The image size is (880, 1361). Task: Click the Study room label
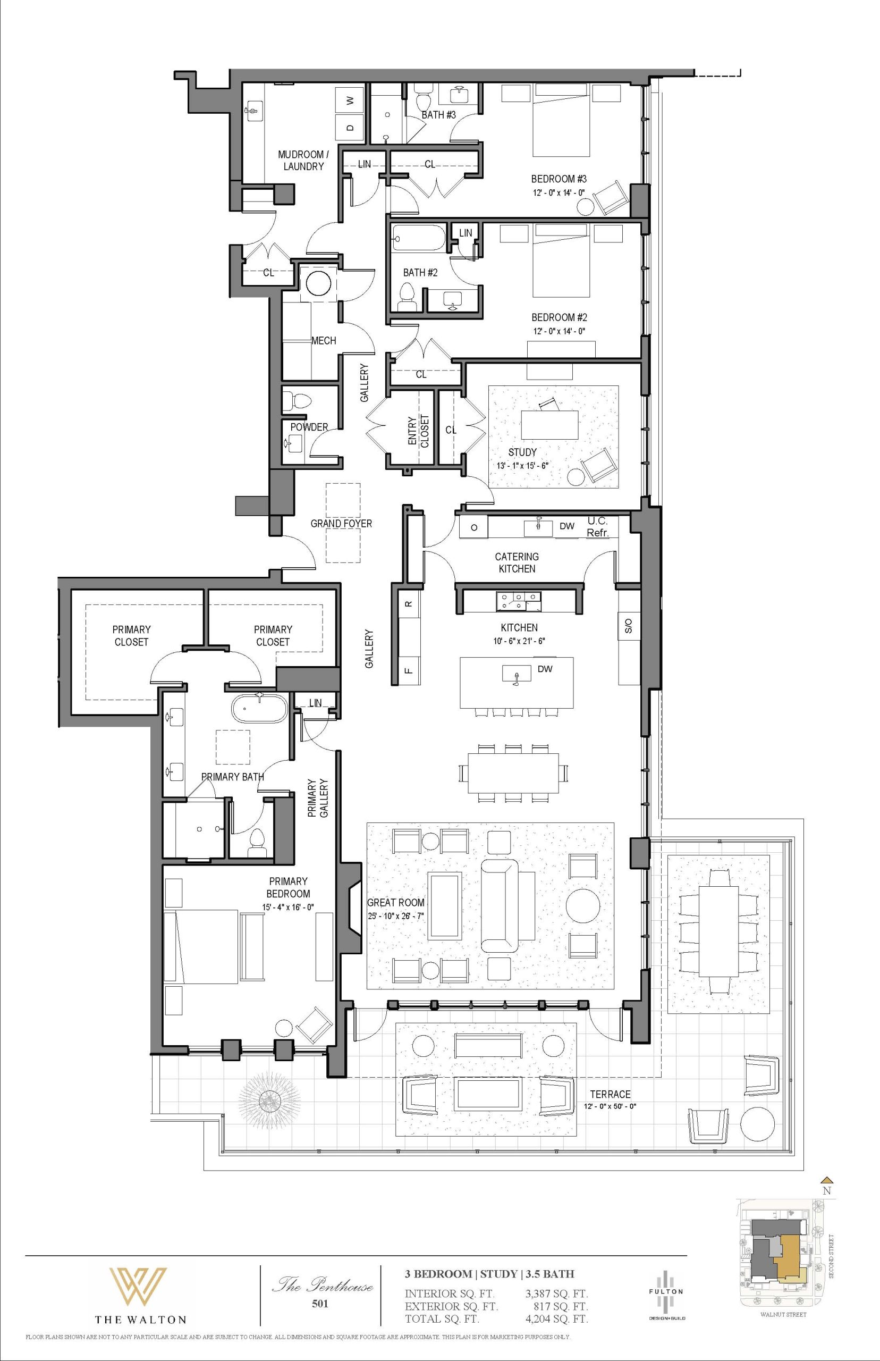point(522,452)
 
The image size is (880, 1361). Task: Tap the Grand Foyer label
point(341,523)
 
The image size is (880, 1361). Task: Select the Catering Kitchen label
point(517,562)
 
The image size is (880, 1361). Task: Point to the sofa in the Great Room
point(500,904)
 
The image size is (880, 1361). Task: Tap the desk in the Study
point(549,424)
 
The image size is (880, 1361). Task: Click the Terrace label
point(610,1094)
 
